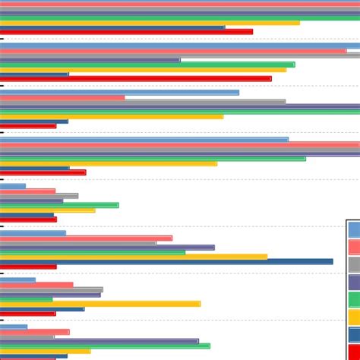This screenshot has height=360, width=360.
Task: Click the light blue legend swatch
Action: [354, 229]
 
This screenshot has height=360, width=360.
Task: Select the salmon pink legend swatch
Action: [354, 247]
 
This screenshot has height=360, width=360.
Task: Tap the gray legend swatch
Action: [354, 264]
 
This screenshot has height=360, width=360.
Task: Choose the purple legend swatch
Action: [354, 282]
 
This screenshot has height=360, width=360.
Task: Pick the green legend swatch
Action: [354, 299]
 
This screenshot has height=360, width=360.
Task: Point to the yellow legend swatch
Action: [354, 317]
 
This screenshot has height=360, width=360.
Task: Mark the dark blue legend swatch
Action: [354, 334]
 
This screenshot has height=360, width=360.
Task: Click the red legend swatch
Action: [354, 351]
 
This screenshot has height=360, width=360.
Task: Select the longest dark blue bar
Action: [166, 261]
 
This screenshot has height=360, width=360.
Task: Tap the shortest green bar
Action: [26, 299]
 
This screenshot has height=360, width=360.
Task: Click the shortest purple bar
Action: [31, 201]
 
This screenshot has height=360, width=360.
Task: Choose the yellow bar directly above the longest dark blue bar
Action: [134, 256]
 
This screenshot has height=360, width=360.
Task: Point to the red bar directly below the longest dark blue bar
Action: [28, 267]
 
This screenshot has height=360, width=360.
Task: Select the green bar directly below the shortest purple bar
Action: [59, 205]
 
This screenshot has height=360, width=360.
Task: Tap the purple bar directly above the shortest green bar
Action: [50, 295]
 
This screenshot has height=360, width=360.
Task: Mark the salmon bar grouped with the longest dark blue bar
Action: [86, 238]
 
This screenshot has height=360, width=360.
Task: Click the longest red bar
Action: [135, 78]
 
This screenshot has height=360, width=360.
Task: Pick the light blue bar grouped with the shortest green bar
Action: [17, 279]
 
